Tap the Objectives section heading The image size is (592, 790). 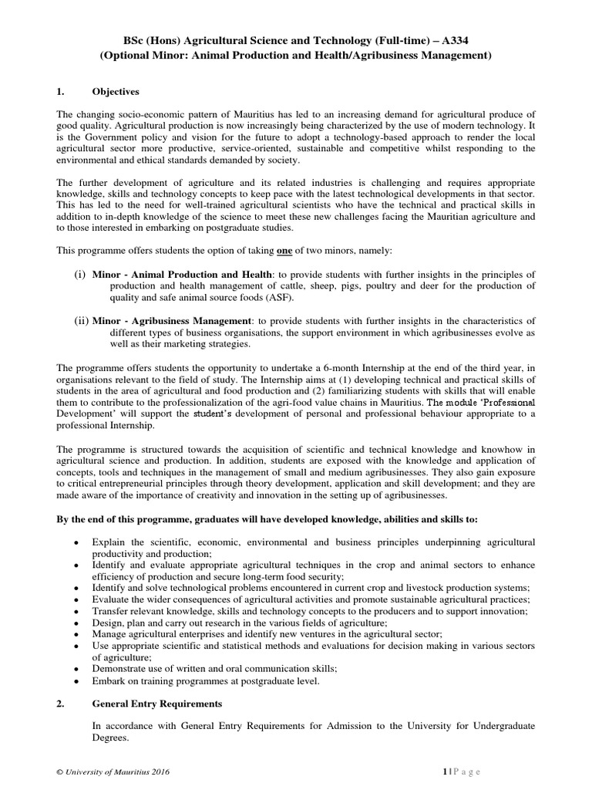pos(116,91)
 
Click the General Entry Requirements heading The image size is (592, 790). pos(157,704)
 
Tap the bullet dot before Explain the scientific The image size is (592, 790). pos(75,545)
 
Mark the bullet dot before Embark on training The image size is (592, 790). pos(75,682)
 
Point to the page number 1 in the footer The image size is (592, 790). pos(445,771)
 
